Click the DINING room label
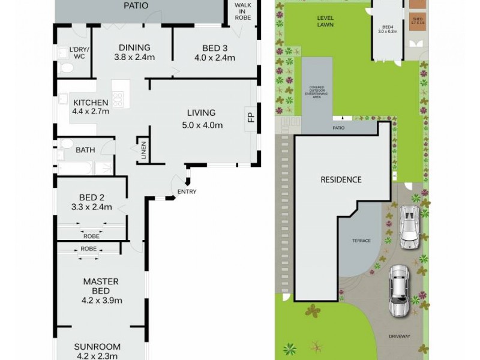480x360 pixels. coord(134,48)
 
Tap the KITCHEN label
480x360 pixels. coord(91,103)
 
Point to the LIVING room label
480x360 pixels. coord(201,113)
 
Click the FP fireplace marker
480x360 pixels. coord(251,116)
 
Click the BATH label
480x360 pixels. coord(85,150)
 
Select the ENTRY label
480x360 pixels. coord(187,192)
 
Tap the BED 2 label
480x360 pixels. coord(92,197)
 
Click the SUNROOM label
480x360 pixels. coord(97,346)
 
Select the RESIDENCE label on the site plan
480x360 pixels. coord(340,179)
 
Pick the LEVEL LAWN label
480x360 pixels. coord(325,22)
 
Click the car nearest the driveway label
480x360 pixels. coord(398,290)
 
